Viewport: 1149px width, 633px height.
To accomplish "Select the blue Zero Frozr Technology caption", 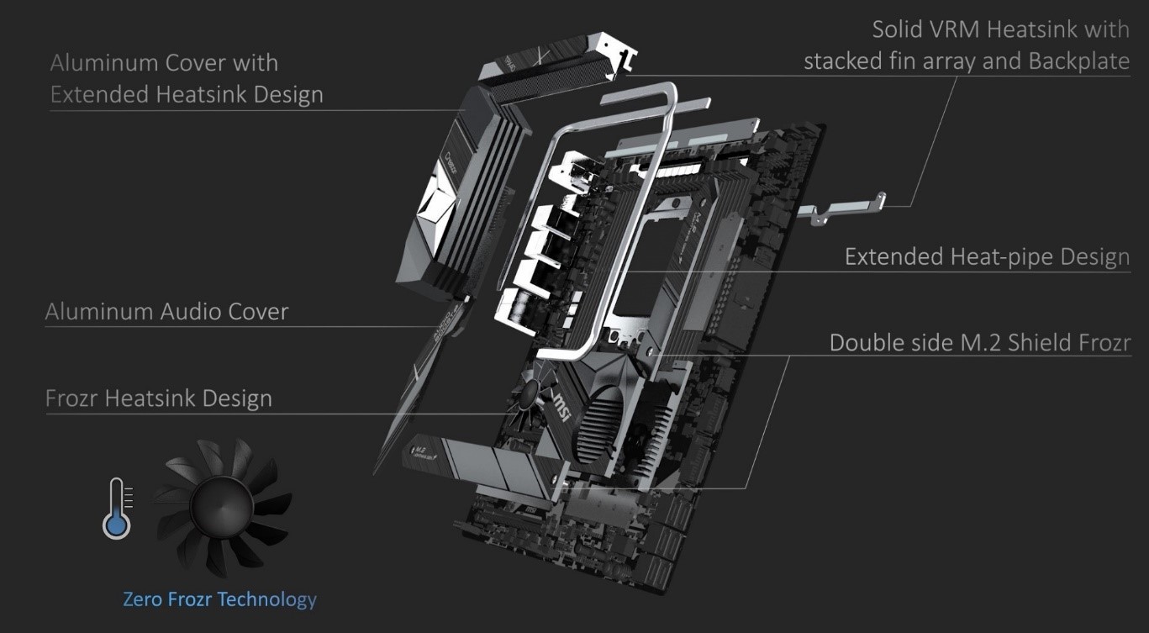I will point(219,599).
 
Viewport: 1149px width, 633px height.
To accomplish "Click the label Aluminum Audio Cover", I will point(166,312).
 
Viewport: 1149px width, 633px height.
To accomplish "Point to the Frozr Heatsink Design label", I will point(159,398).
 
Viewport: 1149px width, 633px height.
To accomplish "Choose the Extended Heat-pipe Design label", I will point(987,256).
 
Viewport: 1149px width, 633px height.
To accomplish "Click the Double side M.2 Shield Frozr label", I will point(980,343).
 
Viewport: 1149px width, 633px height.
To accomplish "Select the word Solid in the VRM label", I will point(901,29).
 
